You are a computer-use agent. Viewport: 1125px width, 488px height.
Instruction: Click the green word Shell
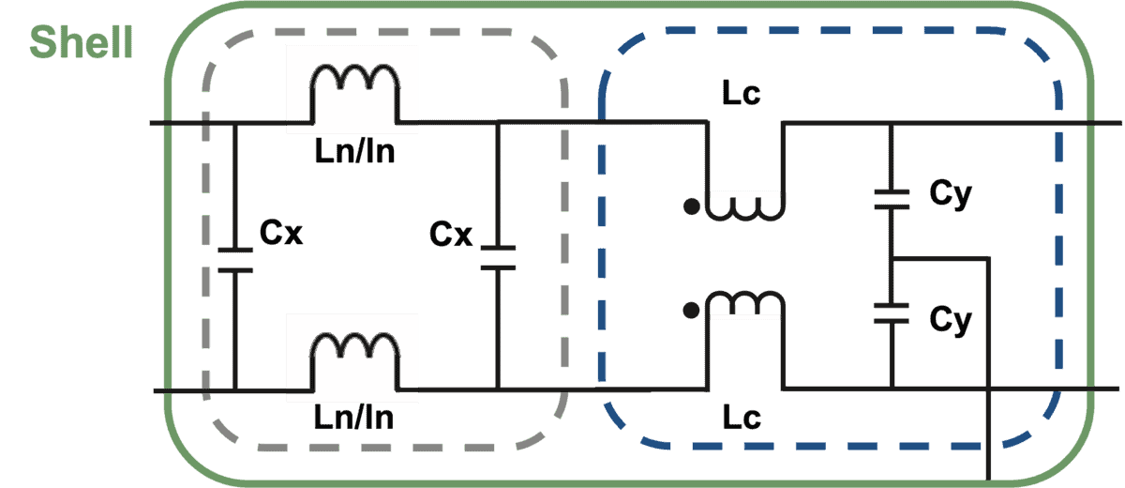pos(82,41)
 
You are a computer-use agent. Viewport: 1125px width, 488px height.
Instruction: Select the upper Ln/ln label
pos(354,151)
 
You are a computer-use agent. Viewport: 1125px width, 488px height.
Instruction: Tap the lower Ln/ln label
pos(353,417)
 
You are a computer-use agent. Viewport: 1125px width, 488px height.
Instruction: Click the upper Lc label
pos(742,93)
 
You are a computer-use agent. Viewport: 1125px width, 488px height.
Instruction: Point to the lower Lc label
pos(742,417)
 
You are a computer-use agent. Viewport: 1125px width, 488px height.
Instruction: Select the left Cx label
pos(280,232)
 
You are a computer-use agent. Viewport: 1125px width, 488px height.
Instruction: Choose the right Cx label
pos(451,234)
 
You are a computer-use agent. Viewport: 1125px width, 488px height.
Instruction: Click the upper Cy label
pos(951,193)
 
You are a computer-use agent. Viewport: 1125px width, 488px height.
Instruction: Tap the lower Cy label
pos(951,320)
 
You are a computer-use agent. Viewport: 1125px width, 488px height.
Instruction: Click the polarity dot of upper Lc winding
pos(692,206)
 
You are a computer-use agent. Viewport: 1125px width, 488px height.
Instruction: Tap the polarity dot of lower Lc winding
pos(691,311)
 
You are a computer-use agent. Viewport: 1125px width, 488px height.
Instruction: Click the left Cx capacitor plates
pos(235,260)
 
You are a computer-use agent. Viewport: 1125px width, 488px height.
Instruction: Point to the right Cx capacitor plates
pos(498,258)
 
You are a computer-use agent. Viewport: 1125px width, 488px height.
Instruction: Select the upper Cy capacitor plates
pos(892,200)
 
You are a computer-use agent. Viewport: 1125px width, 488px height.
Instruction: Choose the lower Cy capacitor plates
pos(892,313)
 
